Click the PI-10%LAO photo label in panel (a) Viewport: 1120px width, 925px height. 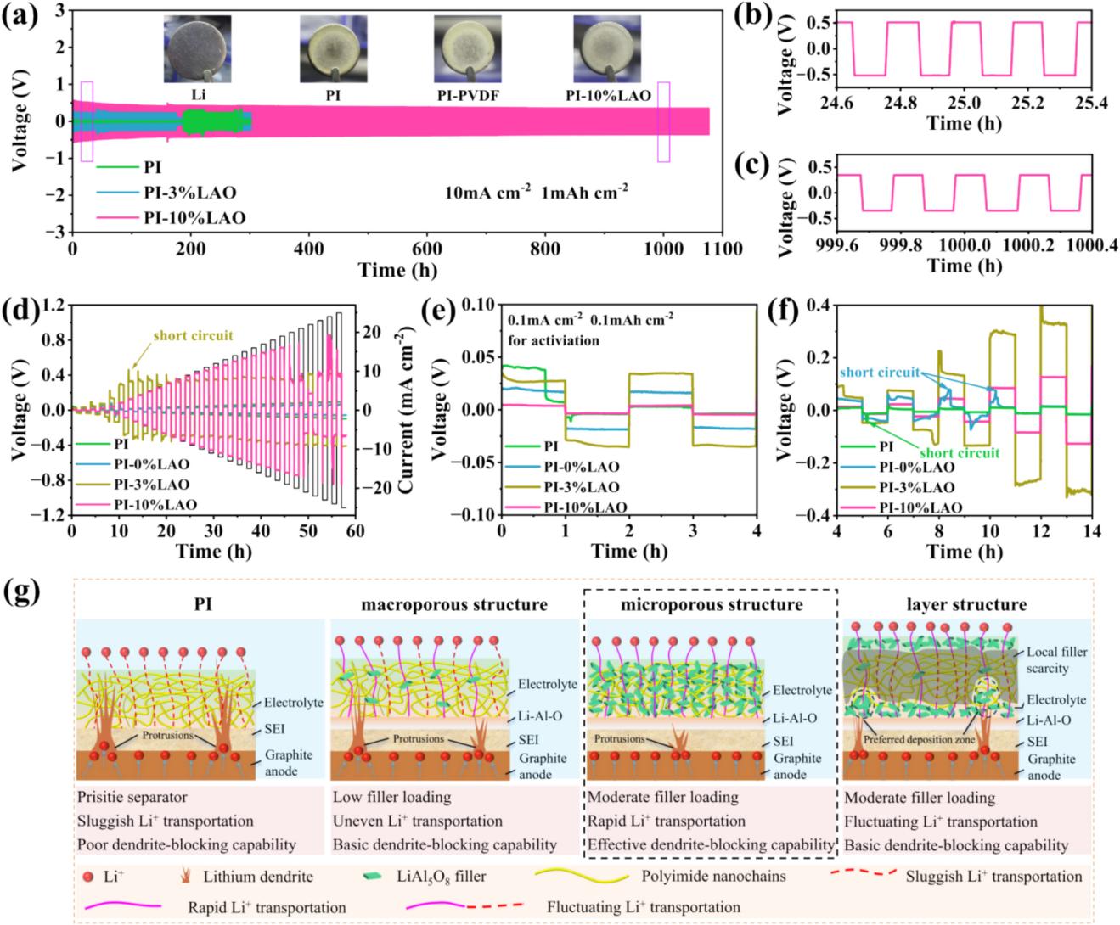pyautogui.click(x=608, y=97)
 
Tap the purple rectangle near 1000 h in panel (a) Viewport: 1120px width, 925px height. pyautogui.click(x=663, y=121)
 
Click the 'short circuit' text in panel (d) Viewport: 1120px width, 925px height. pyautogui.click(x=193, y=336)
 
